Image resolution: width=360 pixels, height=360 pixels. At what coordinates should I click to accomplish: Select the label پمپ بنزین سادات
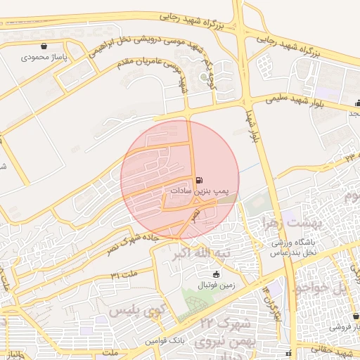point(202,191)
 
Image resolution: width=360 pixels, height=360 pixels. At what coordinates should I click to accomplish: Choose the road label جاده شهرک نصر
point(133,247)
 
